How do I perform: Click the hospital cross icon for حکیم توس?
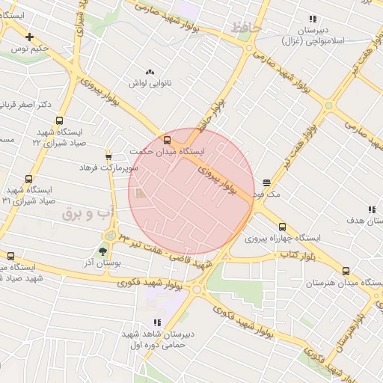click(29, 37)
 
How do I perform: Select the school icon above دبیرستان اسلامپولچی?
click(313, 19)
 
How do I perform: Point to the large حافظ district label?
click(248, 28)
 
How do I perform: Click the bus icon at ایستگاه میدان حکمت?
click(166, 139)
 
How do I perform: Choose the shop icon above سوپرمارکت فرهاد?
click(109, 156)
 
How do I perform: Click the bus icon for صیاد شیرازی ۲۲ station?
click(59, 120)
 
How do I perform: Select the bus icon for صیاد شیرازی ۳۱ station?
click(28, 179)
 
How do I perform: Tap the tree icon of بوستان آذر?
click(103, 252)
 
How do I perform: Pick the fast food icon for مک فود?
click(267, 183)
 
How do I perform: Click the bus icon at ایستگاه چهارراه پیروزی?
click(282, 227)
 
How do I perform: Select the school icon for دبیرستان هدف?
click(370, 209)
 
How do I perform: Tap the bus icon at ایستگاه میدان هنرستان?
click(346, 272)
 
